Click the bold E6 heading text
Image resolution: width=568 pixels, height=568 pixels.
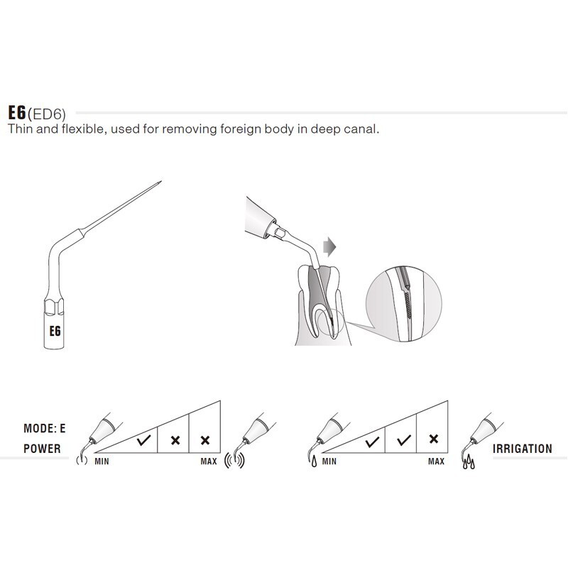pos(17,113)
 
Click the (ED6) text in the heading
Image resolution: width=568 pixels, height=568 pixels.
pos(47,114)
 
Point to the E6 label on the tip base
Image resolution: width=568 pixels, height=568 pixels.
pos(55,331)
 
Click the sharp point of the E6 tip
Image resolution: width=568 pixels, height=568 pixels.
pos(161,182)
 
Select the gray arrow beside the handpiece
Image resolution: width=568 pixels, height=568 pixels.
pos(329,247)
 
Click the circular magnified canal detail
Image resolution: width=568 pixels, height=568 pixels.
pos(404,303)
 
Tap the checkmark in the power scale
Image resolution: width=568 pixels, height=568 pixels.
pos(144,441)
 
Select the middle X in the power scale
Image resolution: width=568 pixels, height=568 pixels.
pos(175,440)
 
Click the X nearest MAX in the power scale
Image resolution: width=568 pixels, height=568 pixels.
pos(205,440)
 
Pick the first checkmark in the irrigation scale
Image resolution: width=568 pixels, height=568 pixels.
pos(372,442)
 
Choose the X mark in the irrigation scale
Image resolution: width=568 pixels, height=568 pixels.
pos(434,439)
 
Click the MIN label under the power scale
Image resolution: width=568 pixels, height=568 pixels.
pos(102,461)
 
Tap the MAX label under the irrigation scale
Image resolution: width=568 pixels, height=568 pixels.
pos(436,461)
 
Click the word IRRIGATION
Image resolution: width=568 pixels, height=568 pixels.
pos(523,449)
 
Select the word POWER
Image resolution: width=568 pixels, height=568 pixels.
pos(42,449)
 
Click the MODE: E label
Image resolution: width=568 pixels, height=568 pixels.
pos(45,429)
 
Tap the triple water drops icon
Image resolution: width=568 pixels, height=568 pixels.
pos(469,462)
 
